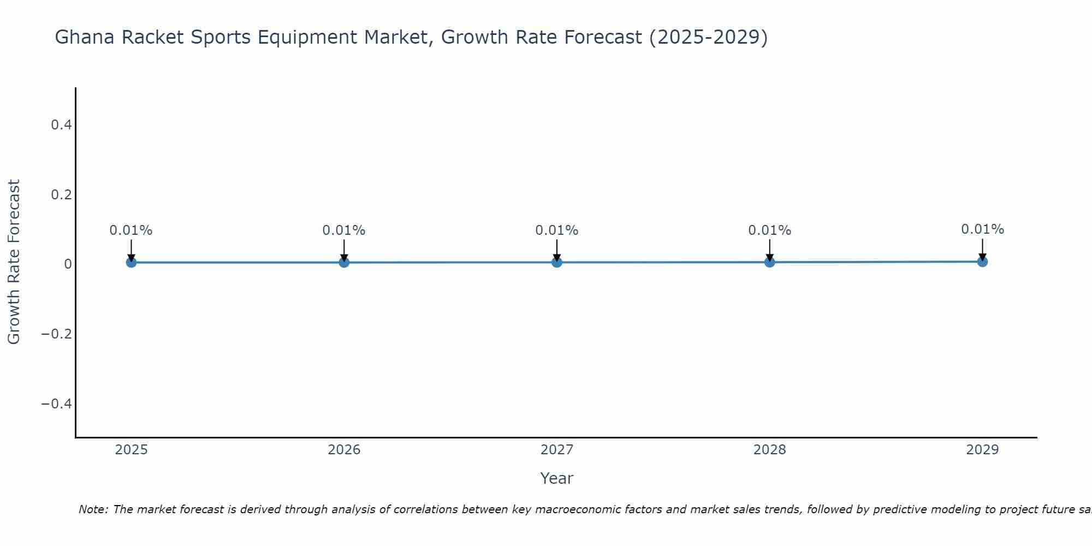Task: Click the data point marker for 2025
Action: (x=131, y=262)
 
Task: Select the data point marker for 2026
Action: (x=344, y=262)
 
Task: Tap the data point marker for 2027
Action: (x=557, y=262)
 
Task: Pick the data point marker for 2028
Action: (x=770, y=262)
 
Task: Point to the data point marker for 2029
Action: (x=982, y=262)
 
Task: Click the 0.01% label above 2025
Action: (x=131, y=230)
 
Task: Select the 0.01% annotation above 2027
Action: (x=557, y=230)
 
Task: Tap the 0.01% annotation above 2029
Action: (x=982, y=229)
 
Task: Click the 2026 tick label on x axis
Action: (x=344, y=450)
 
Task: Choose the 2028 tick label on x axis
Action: (x=770, y=450)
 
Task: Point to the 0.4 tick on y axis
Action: (x=61, y=125)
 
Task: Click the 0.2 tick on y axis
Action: (x=61, y=194)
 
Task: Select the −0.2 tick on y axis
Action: (x=57, y=334)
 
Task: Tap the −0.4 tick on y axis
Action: (x=57, y=403)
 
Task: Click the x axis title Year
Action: (x=556, y=478)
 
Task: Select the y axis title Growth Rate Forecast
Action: (x=14, y=262)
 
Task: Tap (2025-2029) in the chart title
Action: (x=708, y=37)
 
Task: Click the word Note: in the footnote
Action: (x=94, y=509)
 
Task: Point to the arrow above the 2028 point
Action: (x=770, y=250)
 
